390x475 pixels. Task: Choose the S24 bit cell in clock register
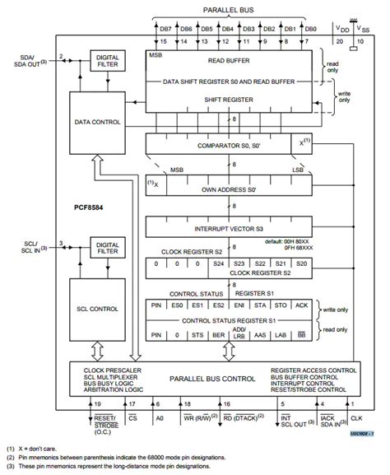[x=219, y=263]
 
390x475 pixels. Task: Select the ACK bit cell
[x=301, y=305]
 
